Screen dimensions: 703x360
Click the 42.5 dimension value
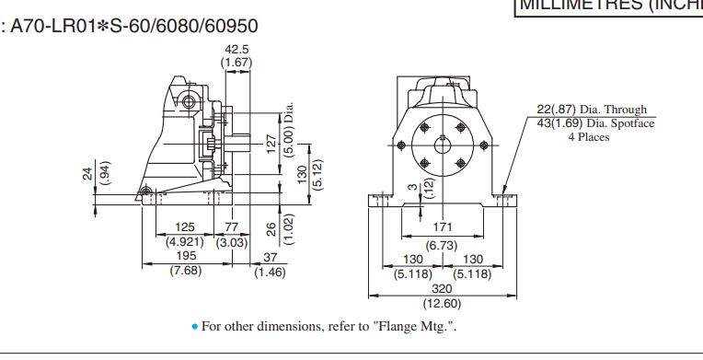[236, 49]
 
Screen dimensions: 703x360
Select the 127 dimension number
[271, 144]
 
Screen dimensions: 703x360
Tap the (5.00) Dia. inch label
[289, 129]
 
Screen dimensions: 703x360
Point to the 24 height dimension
[88, 173]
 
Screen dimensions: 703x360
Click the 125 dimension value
[185, 227]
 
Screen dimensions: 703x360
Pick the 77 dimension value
[231, 227]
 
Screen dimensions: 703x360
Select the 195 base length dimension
[186, 256]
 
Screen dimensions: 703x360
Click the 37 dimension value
[270, 258]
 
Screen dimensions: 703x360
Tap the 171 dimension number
[442, 227]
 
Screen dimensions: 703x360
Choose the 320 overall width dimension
[442, 288]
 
